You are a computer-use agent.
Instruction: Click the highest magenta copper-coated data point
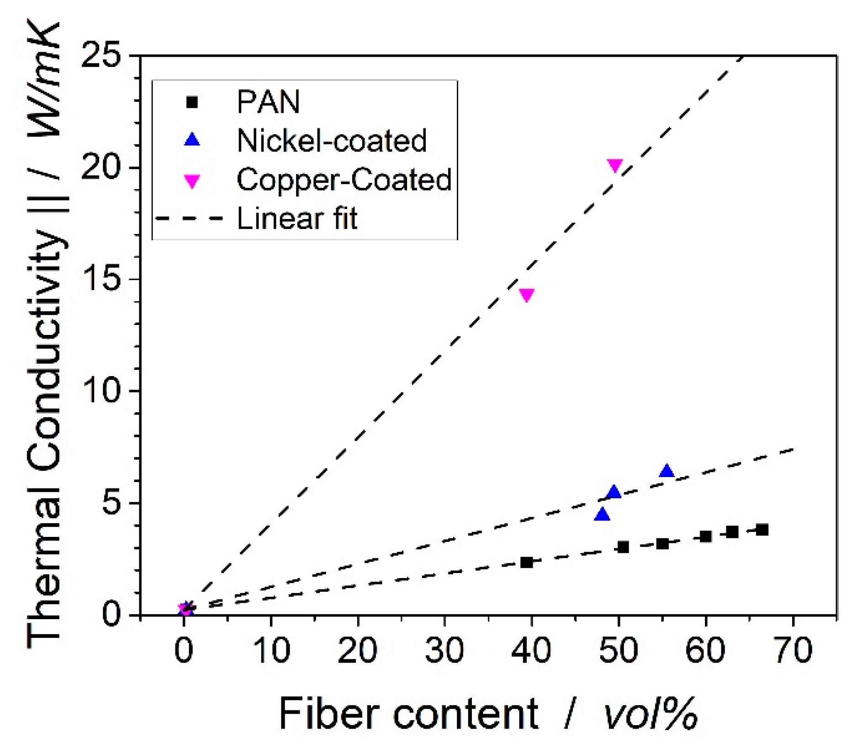[x=615, y=165]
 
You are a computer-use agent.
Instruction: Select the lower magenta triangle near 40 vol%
[x=527, y=295]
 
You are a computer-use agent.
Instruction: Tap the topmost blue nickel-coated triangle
[x=666, y=471]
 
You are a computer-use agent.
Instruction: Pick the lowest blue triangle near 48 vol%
[x=603, y=515]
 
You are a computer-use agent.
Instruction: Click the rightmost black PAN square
[x=762, y=530]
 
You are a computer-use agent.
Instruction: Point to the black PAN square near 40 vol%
[x=527, y=562]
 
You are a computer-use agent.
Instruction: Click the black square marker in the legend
[x=192, y=102]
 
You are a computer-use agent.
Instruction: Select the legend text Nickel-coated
[x=332, y=140]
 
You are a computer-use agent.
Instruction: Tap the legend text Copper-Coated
[x=344, y=180]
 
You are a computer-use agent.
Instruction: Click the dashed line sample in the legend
[x=190, y=218]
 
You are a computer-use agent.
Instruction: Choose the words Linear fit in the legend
[x=297, y=218]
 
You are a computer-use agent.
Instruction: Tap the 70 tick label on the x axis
[x=793, y=650]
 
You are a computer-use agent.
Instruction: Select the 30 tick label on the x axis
[x=444, y=650]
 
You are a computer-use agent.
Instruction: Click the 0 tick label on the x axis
[x=184, y=650]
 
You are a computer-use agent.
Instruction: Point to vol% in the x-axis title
[x=651, y=714]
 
